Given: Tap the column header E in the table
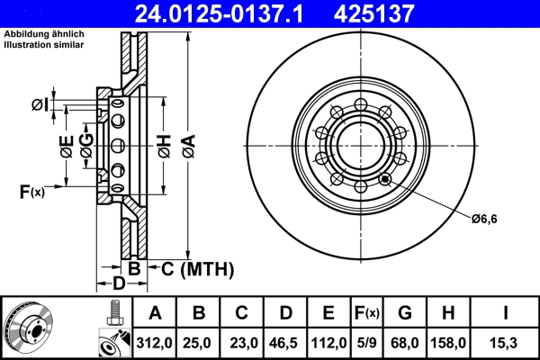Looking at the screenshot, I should pos(328,313).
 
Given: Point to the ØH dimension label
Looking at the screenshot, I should pos(164,145).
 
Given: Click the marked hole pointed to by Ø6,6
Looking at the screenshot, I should pos(386,178).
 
